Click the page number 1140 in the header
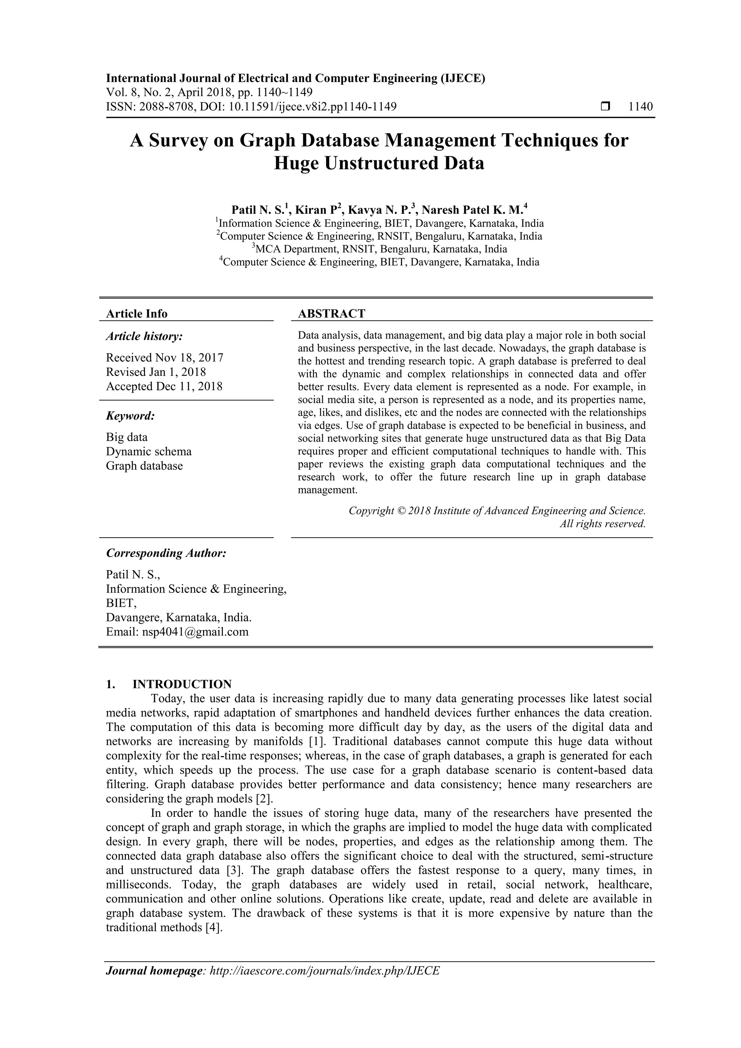click(640, 107)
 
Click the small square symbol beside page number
click(605, 107)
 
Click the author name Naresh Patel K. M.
click(474, 210)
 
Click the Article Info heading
click(136, 314)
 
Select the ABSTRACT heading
click(331, 314)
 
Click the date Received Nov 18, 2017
click(164, 357)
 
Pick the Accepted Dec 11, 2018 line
click(164, 387)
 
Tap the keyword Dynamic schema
click(149, 451)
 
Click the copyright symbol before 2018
click(401, 511)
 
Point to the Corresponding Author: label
click(166, 553)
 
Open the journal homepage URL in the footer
click(324, 984)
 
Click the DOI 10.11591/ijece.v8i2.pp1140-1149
click(312, 107)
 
